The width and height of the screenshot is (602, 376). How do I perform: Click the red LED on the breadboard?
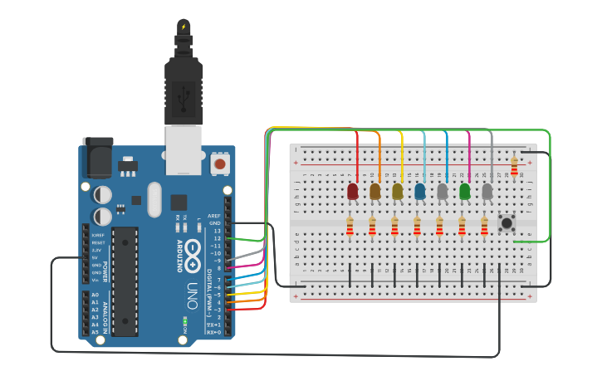pos(353,192)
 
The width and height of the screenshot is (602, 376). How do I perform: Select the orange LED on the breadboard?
pos(375,192)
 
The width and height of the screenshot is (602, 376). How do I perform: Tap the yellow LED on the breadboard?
pos(398,192)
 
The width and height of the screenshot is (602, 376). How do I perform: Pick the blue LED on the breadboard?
pos(420,192)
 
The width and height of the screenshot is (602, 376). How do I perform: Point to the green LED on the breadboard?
pos(465,192)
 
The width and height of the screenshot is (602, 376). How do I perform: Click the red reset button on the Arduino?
pos(220,164)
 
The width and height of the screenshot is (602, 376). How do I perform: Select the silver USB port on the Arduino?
pos(184,149)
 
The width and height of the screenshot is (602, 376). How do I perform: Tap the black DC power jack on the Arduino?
pos(96,157)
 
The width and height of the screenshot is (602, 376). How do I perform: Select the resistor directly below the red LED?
pos(350,225)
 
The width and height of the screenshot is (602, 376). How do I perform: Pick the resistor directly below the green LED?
pos(463,225)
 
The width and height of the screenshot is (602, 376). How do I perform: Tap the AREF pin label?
pos(214,216)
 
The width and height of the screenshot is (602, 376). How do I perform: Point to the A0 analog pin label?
pos(95,295)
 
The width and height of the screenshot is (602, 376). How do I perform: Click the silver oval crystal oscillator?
pos(154,199)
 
